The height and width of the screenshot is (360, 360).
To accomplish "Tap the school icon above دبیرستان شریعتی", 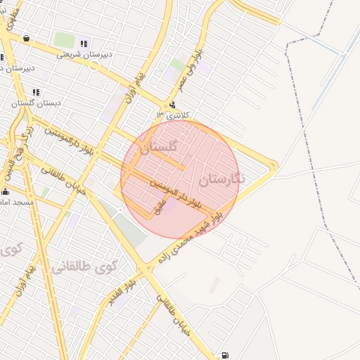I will coord(84,44).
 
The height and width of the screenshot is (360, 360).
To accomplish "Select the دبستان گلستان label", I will coord(36,103).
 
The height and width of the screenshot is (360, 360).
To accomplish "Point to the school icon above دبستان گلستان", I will coord(36,92).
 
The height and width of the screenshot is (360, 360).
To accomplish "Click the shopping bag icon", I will coord(27,39).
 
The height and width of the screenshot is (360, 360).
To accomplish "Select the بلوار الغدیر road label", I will coord(121,292).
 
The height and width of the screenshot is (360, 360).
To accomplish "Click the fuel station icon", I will coord(224,355).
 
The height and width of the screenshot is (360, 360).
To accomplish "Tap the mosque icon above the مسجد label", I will coord(6,192).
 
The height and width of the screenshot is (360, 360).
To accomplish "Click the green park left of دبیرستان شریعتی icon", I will coord(64,40).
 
